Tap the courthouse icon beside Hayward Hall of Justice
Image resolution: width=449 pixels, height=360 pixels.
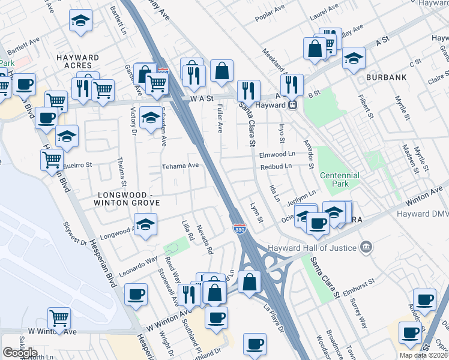tap(366, 247)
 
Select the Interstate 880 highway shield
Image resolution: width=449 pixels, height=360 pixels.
tap(238, 227)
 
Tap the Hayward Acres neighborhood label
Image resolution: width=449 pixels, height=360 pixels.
tap(77, 61)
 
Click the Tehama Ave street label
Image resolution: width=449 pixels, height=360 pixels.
tap(180, 166)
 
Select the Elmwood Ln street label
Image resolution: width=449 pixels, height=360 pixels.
tap(277, 154)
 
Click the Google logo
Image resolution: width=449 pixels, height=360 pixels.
tap(20, 353)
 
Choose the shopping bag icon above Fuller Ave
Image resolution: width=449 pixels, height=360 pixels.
tap(221, 70)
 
